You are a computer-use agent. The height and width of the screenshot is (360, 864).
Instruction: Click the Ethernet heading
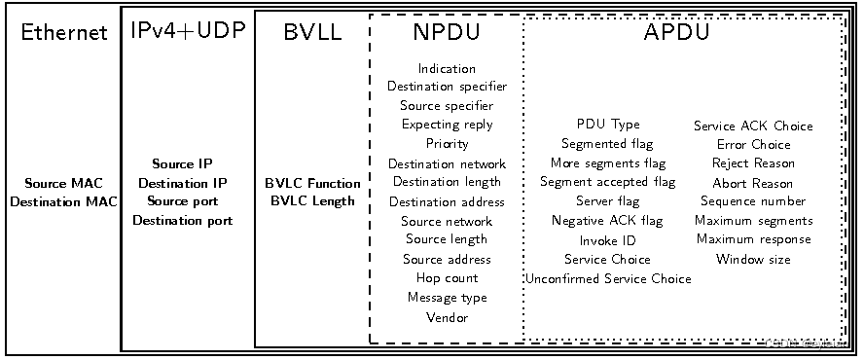(64, 33)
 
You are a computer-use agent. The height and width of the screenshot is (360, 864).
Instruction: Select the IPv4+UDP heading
(188, 31)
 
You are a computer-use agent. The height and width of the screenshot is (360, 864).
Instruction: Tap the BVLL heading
(312, 32)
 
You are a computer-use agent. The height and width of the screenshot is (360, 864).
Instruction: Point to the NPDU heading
(447, 32)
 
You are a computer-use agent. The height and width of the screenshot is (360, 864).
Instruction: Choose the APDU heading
(675, 32)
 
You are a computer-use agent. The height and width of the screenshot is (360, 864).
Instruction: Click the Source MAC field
(63, 183)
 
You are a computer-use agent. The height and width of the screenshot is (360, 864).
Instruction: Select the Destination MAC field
(63, 201)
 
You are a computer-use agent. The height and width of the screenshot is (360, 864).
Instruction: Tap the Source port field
(183, 201)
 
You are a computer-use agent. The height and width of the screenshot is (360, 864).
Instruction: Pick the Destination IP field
(183, 183)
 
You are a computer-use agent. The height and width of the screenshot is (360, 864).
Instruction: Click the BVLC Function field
(312, 183)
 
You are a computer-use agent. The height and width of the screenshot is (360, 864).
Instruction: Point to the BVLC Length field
(312, 201)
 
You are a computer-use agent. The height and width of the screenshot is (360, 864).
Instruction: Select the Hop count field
(447, 278)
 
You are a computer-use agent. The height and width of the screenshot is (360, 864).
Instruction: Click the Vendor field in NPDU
(447, 317)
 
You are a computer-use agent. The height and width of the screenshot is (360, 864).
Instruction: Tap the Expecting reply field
(447, 125)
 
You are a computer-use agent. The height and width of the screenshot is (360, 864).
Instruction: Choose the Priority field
(447, 144)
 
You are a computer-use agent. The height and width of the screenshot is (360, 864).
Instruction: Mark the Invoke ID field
(607, 240)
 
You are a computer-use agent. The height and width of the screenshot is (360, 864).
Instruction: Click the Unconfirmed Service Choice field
(608, 279)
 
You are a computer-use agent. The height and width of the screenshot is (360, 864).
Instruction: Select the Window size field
(753, 260)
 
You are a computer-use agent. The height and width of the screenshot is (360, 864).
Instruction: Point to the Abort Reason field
(753, 183)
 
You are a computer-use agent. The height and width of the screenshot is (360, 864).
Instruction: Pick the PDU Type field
(608, 125)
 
